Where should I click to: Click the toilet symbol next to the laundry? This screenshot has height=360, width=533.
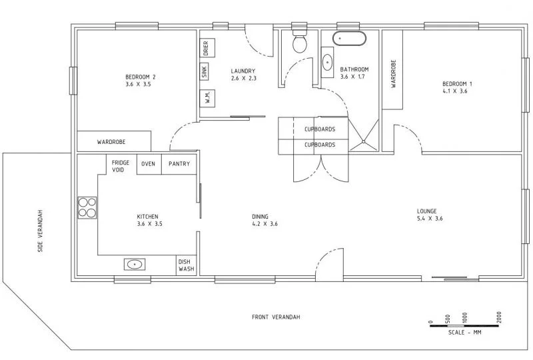(300, 43)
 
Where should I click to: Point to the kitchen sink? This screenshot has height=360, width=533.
(136, 265)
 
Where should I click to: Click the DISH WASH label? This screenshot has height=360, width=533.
(186, 266)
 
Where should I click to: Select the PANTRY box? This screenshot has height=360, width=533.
(179, 164)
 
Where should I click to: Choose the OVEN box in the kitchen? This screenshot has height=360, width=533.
(148, 164)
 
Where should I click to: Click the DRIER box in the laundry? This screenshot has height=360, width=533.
(205, 48)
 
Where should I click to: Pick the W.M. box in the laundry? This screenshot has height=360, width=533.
(205, 97)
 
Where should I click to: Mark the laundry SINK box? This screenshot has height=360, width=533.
(205, 72)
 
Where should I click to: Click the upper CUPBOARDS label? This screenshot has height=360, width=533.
(319, 129)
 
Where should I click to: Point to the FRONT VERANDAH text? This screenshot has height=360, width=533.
(276, 317)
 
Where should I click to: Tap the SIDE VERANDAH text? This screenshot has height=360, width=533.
(41, 231)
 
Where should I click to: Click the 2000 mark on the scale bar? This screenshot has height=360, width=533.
(499, 316)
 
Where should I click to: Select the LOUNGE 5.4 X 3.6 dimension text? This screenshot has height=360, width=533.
(430, 219)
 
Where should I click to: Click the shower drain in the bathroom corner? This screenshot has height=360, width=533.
(363, 140)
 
